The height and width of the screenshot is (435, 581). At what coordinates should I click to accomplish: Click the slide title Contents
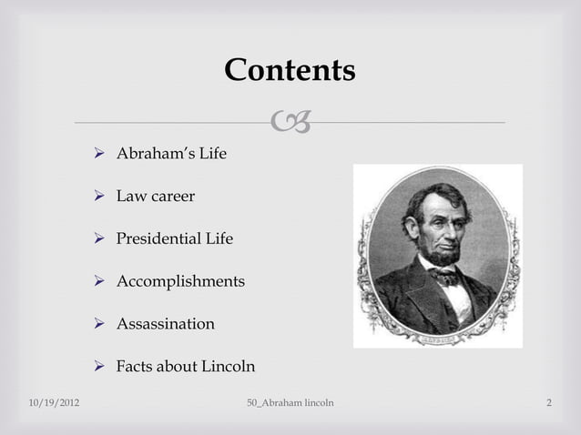click(290, 70)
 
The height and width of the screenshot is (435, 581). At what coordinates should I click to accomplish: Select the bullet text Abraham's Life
click(171, 154)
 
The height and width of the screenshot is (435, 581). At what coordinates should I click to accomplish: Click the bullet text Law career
click(155, 197)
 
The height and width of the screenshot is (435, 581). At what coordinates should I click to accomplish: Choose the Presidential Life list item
click(174, 239)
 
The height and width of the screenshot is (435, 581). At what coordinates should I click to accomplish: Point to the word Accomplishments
click(180, 282)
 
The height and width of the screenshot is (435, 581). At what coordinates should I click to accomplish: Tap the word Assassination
click(166, 324)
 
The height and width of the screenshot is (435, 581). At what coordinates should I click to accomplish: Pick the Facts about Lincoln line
click(186, 367)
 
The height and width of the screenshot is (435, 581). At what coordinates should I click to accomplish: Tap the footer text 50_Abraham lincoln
click(290, 402)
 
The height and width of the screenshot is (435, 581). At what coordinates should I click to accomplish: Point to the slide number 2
click(549, 402)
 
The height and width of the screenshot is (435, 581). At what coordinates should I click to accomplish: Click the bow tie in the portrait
click(446, 274)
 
